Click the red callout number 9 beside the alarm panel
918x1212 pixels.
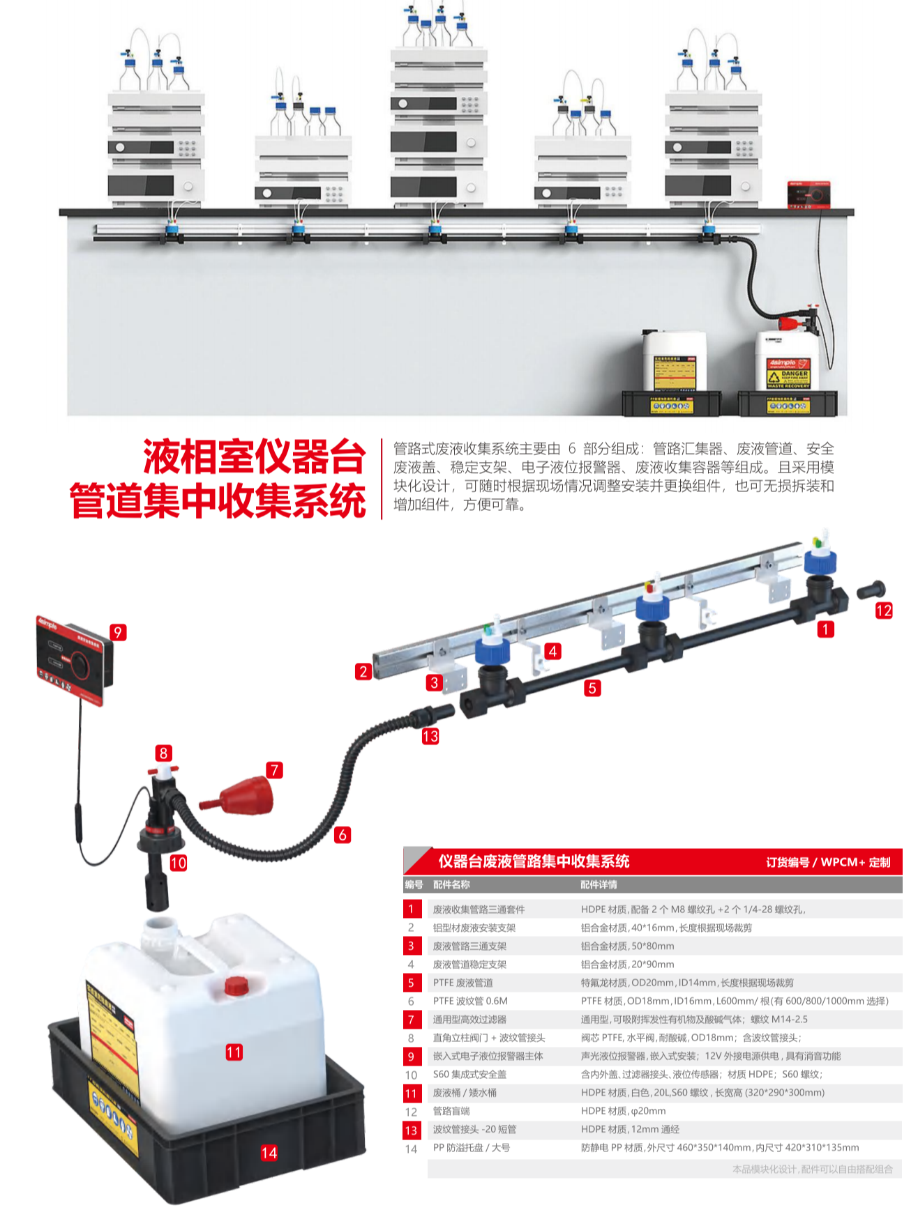[x=118, y=632]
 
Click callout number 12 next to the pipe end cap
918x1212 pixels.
[x=883, y=611]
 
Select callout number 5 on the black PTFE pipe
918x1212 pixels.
[x=592, y=689]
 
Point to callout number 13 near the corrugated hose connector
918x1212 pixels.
[x=430, y=737]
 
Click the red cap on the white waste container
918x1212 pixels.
[x=236, y=985]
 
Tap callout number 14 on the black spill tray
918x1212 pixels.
[x=269, y=1153]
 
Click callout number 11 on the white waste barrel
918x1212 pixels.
[x=234, y=1052]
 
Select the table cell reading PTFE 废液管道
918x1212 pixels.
[x=462, y=983]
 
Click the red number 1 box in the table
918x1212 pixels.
[x=411, y=909]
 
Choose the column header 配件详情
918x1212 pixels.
[x=599, y=885]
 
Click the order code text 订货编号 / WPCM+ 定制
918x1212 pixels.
[x=827, y=862]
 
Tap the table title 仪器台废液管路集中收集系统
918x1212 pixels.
[x=534, y=861]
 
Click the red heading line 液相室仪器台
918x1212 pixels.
[x=255, y=458]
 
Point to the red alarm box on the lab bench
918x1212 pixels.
[x=808, y=194]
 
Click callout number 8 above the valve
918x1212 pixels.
[x=163, y=753]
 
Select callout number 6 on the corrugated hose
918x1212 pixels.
[x=342, y=835]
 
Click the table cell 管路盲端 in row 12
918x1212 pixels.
[x=451, y=1111]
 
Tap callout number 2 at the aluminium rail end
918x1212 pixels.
[x=363, y=672]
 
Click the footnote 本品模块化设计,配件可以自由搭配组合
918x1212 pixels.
[x=812, y=1169]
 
